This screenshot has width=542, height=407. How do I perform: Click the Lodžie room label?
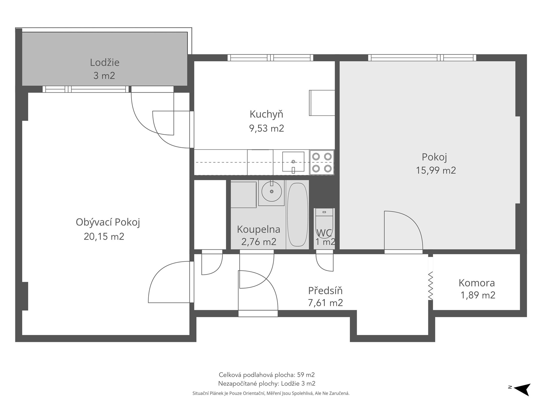coord(105,62)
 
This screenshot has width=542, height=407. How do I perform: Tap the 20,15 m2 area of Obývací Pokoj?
coord(104,236)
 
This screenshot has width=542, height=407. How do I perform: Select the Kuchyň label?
coord(266,114)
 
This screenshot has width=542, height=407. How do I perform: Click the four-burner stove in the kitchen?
coord(322,162)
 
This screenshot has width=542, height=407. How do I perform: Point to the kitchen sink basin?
coord(293,162)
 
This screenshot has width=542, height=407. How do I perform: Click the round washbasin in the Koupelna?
coord(272,191)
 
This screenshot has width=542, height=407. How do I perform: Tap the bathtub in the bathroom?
coord(297,215)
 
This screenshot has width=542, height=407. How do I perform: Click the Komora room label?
coord(477,283)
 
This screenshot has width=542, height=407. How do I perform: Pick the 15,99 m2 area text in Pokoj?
coord(436,170)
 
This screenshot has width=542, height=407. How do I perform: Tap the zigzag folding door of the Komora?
coord(430,286)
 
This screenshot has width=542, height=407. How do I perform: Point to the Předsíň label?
coord(325,291)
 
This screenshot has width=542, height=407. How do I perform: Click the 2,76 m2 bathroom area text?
coord(259,242)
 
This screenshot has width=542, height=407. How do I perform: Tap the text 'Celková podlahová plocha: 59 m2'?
coord(267,375)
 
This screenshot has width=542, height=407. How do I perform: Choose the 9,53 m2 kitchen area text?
coord(266,128)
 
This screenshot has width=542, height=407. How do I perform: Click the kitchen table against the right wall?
coord(322,103)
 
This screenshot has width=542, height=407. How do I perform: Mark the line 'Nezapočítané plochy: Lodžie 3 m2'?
coord(267,384)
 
